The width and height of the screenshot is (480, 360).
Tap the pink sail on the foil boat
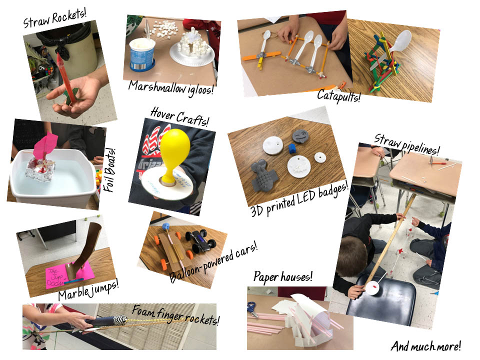tap(46, 144)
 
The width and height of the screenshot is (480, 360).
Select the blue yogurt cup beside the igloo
tap(142, 54)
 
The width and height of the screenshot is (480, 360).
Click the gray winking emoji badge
tap(300, 136)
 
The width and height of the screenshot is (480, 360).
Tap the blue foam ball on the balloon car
tap(167, 227)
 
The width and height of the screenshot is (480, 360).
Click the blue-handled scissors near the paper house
tap(253, 308)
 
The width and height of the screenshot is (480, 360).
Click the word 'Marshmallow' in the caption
tap(156, 87)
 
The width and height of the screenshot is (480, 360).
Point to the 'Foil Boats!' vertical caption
tap(110, 170)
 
